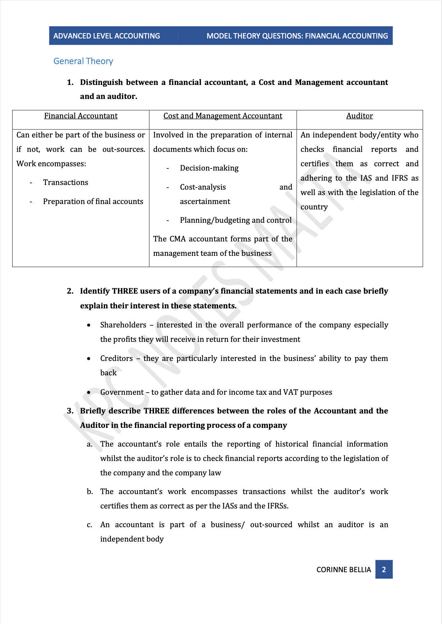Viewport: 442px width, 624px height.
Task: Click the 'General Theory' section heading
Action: pyautogui.click(x=83, y=61)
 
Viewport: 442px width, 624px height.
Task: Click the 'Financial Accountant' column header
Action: pyautogui.click(x=81, y=116)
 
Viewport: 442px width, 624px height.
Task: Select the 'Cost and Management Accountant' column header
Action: pyautogui.click(x=223, y=116)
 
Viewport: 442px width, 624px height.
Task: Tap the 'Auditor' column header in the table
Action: pyautogui.click(x=360, y=116)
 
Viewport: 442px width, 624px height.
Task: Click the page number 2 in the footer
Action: pyautogui.click(x=384, y=569)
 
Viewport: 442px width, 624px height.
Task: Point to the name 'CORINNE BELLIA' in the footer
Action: pyautogui.click(x=343, y=570)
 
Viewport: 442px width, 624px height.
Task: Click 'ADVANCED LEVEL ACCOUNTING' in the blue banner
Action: pyautogui.click(x=107, y=36)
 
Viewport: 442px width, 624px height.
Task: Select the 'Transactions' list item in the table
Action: pyautogui.click(x=66, y=182)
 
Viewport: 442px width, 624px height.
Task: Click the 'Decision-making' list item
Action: pyautogui.click(x=209, y=168)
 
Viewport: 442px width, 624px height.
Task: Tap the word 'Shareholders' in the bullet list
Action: pyautogui.click(x=123, y=325)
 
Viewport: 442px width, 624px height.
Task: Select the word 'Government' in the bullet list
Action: pyautogui.click(x=122, y=392)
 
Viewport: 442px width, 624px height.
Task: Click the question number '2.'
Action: pyautogui.click(x=70, y=291)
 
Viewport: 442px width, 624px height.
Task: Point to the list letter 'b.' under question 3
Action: pyautogui.click(x=90, y=492)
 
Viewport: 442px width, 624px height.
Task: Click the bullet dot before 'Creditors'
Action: pyautogui.click(x=89, y=359)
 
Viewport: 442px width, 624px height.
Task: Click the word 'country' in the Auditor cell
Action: pyautogui.click(x=314, y=207)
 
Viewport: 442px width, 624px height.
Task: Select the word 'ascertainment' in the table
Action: pyautogui.click(x=205, y=202)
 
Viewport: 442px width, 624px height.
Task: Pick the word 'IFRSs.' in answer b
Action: pyautogui.click(x=278, y=506)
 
